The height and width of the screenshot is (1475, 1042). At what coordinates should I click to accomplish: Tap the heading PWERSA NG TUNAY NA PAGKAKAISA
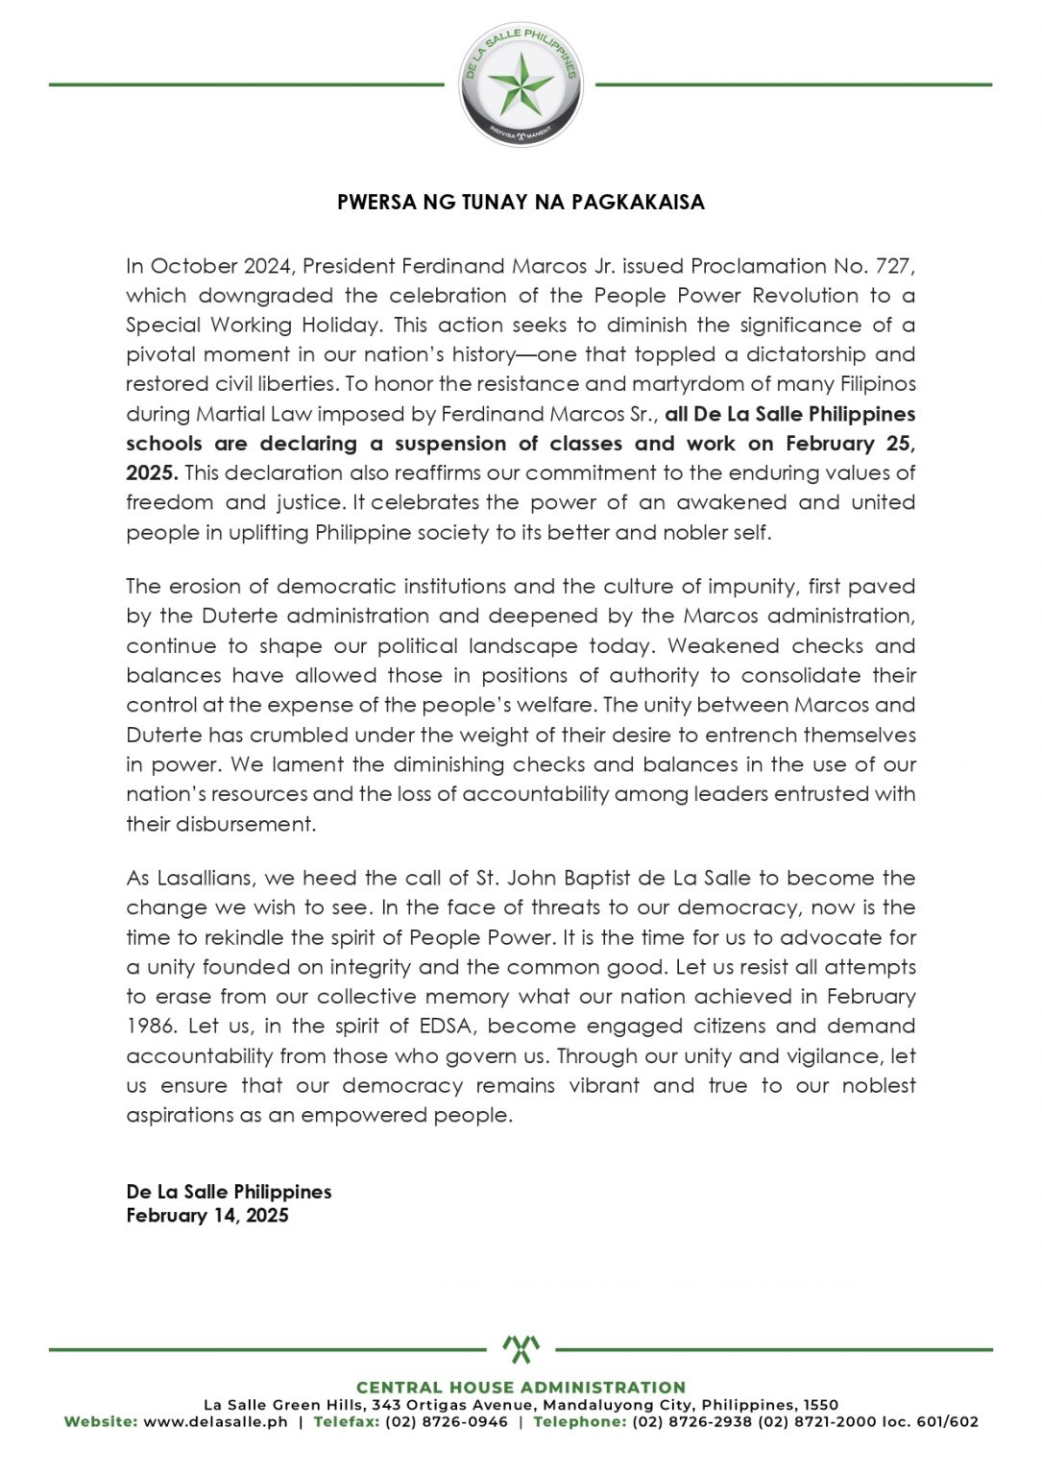(x=521, y=203)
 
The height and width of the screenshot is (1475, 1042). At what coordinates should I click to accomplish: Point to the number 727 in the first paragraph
(x=893, y=266)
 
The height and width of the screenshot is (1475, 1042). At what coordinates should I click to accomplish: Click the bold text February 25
(x=849, y=444)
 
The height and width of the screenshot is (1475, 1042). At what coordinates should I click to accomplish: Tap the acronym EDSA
(x=445, y=1027)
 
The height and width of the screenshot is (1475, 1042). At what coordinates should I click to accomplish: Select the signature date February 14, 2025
(x=207, y=1216)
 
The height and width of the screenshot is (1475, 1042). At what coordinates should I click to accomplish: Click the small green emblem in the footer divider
(x=521, y=1349)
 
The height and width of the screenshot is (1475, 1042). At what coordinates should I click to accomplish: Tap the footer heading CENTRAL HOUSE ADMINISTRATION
(x=521, y=1388)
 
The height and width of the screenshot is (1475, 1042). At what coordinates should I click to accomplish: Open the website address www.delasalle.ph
(x=215, y=1422)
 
